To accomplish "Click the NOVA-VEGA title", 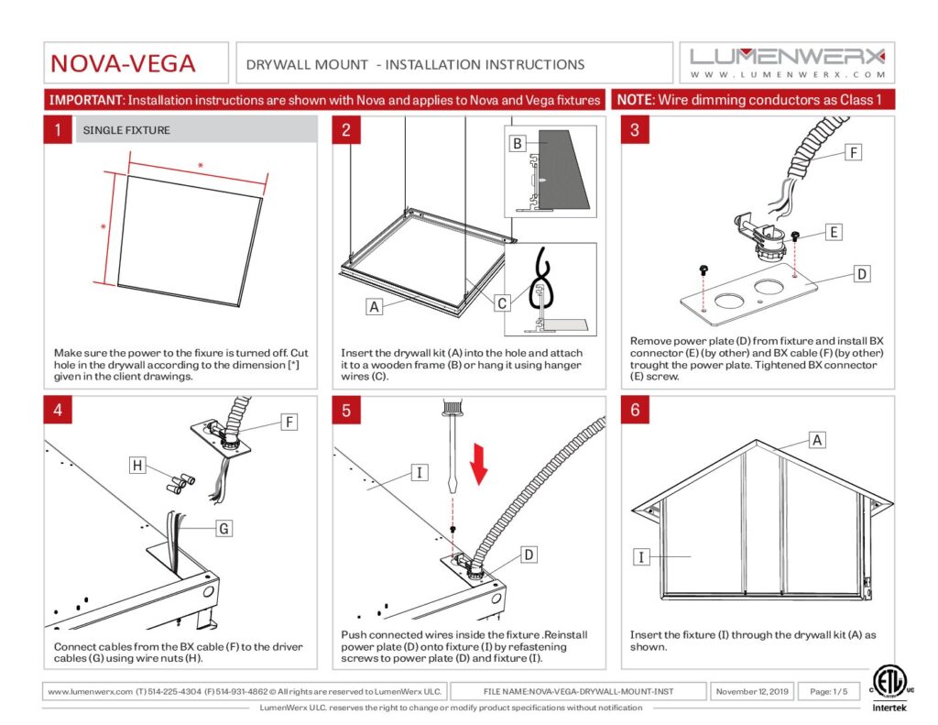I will (123, 64).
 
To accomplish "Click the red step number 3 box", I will (635, 130).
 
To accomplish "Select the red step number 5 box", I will (345, 410).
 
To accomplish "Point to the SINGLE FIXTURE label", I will (126, 130).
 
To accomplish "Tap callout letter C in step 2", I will (503, 302).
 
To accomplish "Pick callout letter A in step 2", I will (374, 307).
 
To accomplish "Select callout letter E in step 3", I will (833, 233).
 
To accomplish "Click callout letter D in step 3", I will (863, 274).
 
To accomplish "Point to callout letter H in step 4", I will (137, 466).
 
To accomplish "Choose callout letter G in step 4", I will (224, 528).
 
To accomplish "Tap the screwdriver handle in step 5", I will (453, 411).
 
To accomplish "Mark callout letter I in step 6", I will (643, 555).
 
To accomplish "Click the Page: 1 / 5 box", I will (828, 691).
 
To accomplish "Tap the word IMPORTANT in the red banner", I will (85, 100).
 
